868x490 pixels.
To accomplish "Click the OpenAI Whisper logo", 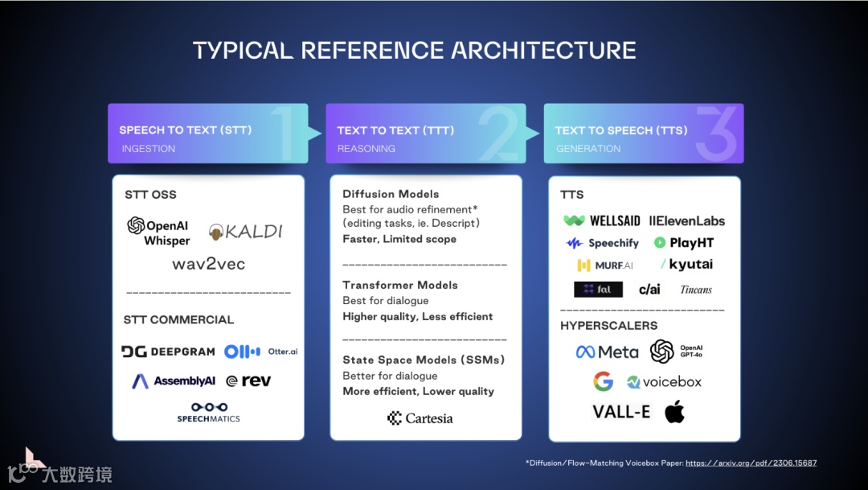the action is pos(159,232).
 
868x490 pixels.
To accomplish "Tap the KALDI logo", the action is pos(246,232).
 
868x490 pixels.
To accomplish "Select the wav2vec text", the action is pos(208,264).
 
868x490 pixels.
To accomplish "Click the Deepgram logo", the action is pos(168,352).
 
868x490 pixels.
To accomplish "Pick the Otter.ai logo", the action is pos(260,352).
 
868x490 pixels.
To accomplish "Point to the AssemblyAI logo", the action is pos(174,381).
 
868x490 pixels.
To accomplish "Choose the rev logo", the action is pos(248,381).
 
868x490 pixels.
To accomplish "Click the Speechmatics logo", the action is pos(208,413).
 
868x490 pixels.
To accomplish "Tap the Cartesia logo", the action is pos(420,418).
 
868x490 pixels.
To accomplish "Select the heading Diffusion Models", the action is pos(391,194).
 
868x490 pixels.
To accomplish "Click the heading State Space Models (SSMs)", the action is pos(424,360).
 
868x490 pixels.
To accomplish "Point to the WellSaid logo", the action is pos(602,220).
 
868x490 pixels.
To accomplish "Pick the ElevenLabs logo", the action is pos(687,220).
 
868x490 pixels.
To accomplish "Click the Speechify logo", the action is pos(603,243).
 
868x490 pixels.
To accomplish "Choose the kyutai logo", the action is pos(687,265).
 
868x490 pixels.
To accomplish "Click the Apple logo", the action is pos(674,412).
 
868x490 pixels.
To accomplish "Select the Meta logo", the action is pos(607,352).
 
